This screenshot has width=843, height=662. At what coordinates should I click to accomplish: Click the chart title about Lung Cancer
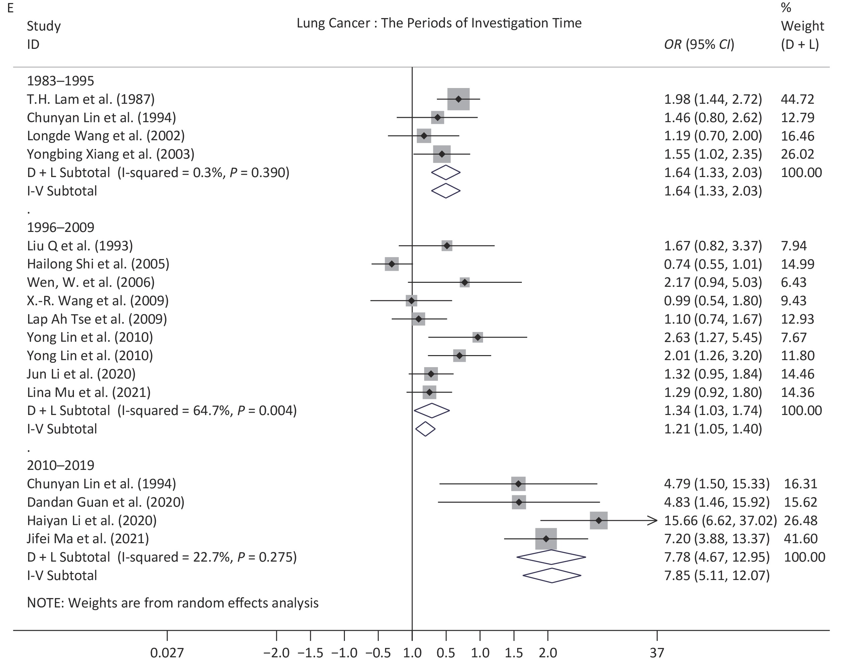click(439, 23)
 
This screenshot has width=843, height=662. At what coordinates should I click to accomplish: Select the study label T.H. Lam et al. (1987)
click(91, 99)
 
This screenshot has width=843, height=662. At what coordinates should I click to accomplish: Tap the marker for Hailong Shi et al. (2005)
click(392, 264)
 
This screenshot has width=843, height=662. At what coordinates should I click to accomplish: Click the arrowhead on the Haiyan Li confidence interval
click(653, 520)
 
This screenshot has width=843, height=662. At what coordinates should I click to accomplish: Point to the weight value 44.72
click(797, 99)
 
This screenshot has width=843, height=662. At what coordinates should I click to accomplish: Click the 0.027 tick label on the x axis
click(167, 653)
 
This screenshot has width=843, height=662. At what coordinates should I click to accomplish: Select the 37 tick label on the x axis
click(657, 653)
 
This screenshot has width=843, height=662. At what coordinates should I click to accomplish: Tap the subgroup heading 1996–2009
click(61, 227)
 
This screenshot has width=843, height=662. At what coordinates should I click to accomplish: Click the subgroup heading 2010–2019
click(61, 465)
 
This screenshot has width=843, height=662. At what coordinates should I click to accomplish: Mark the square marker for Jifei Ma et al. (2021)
click(546, 539)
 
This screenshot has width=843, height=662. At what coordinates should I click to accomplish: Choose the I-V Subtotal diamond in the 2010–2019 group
click(552, 576)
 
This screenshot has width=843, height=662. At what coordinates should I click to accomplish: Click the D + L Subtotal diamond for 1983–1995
click(446, 172)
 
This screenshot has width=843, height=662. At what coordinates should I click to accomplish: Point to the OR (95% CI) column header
click(699, 45)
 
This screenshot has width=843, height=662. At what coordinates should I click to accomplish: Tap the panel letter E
click(10, 8)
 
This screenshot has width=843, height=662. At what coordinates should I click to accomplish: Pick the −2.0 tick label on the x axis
click(276, 653)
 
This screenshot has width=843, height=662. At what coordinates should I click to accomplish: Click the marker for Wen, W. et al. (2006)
click(465, 282)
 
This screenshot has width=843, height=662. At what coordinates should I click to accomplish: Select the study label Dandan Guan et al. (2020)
click(105, 502)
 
